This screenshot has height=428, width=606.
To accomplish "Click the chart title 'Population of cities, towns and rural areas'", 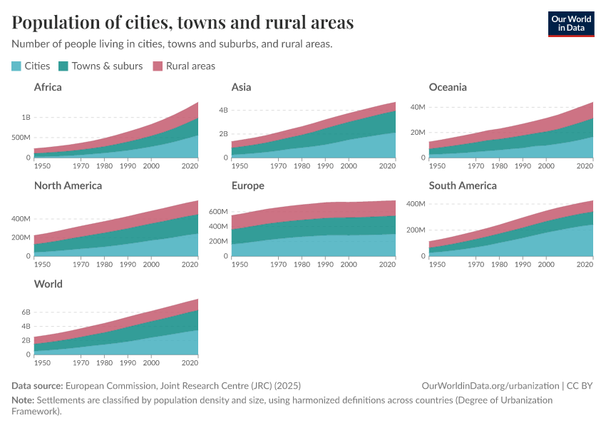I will pos(183,23).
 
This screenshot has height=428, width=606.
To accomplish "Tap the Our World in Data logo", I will pos(570,24).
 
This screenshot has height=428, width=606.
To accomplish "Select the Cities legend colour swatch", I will pos(16,66).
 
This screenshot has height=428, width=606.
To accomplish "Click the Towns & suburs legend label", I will pos(107,66).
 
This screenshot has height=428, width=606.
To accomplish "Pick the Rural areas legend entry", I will pos(190,66).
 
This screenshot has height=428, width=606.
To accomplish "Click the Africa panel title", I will pos(48,87).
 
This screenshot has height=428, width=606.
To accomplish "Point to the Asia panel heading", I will pos(241,87).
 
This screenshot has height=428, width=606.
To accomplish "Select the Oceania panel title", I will pos(448,87).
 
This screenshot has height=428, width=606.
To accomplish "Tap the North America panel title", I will pos(68,185).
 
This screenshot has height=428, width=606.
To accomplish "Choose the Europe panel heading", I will pos(247,185).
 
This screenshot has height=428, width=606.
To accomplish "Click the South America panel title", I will pos(463,185).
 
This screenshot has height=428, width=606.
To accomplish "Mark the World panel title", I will pos(48,284).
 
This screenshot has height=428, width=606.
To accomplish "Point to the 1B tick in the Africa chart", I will pos(26,117).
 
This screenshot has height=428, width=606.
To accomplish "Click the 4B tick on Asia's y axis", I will pos(222,110).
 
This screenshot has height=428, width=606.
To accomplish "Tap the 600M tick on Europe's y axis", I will pos(218,212).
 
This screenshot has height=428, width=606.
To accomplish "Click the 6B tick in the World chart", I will pos(26,312).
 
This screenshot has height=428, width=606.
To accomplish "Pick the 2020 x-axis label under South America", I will pos(585,264).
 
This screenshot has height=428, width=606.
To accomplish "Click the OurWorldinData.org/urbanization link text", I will pos(491,386).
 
